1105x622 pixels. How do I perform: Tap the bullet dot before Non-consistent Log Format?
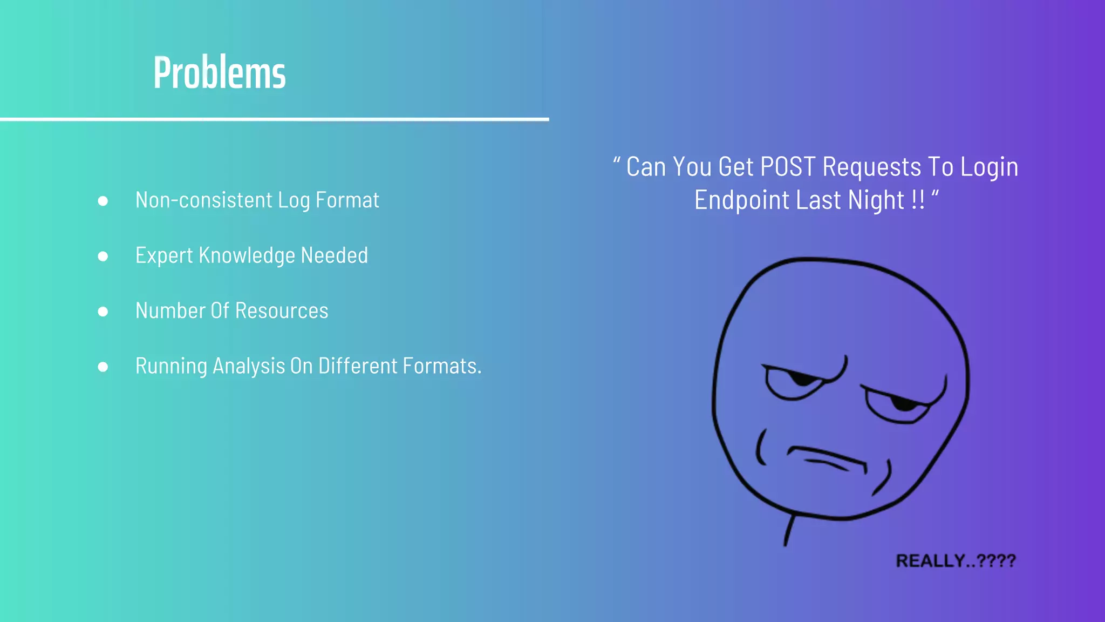click(x=103, y=201)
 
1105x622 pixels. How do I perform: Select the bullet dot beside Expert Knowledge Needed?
click(x=103, y=256)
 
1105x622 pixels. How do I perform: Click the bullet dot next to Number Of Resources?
click(x=103, y=312)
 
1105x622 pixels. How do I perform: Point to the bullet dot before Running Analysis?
click(x=103, y=367)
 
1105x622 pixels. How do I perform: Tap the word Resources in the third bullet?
click(x=282, y=311)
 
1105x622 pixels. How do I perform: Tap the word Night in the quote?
click(x=876, y=200)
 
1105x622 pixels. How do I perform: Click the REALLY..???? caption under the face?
click(x=956, y=561)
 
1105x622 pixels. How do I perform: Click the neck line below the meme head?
click(x=789, y=530)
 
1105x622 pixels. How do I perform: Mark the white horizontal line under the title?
click(x=274, y=119)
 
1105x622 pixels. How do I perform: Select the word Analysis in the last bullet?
click(x=249, y=366)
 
